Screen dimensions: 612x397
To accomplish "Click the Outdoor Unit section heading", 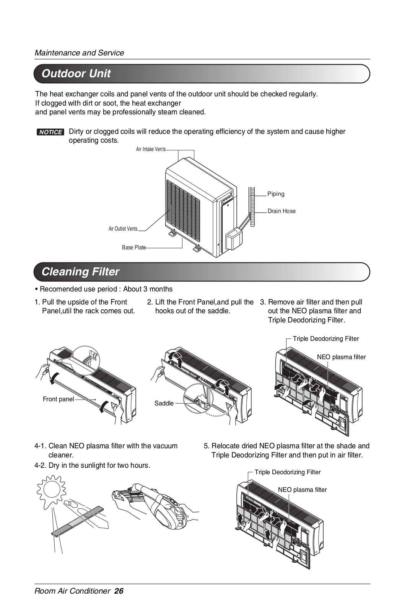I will point(76,73).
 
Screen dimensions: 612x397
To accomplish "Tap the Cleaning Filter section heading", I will point(80,272).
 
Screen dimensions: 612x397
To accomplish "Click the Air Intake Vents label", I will point(151,149).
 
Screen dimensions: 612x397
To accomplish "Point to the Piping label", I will point(276,194).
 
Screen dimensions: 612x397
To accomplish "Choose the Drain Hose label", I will point(281,211).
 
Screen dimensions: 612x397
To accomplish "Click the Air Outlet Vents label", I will point(123,229).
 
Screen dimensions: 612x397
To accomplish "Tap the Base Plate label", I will point(134,247).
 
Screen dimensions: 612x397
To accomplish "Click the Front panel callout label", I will point(58,399).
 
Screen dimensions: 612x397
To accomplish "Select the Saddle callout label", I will point(164,404).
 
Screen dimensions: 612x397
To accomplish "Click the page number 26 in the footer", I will point(119,591).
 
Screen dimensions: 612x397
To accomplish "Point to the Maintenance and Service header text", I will point(79,53).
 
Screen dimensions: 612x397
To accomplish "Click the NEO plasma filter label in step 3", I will point(341,357).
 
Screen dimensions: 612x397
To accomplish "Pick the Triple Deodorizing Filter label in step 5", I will point(288,472).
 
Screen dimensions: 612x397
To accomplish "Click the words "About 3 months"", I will point(148,289).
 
